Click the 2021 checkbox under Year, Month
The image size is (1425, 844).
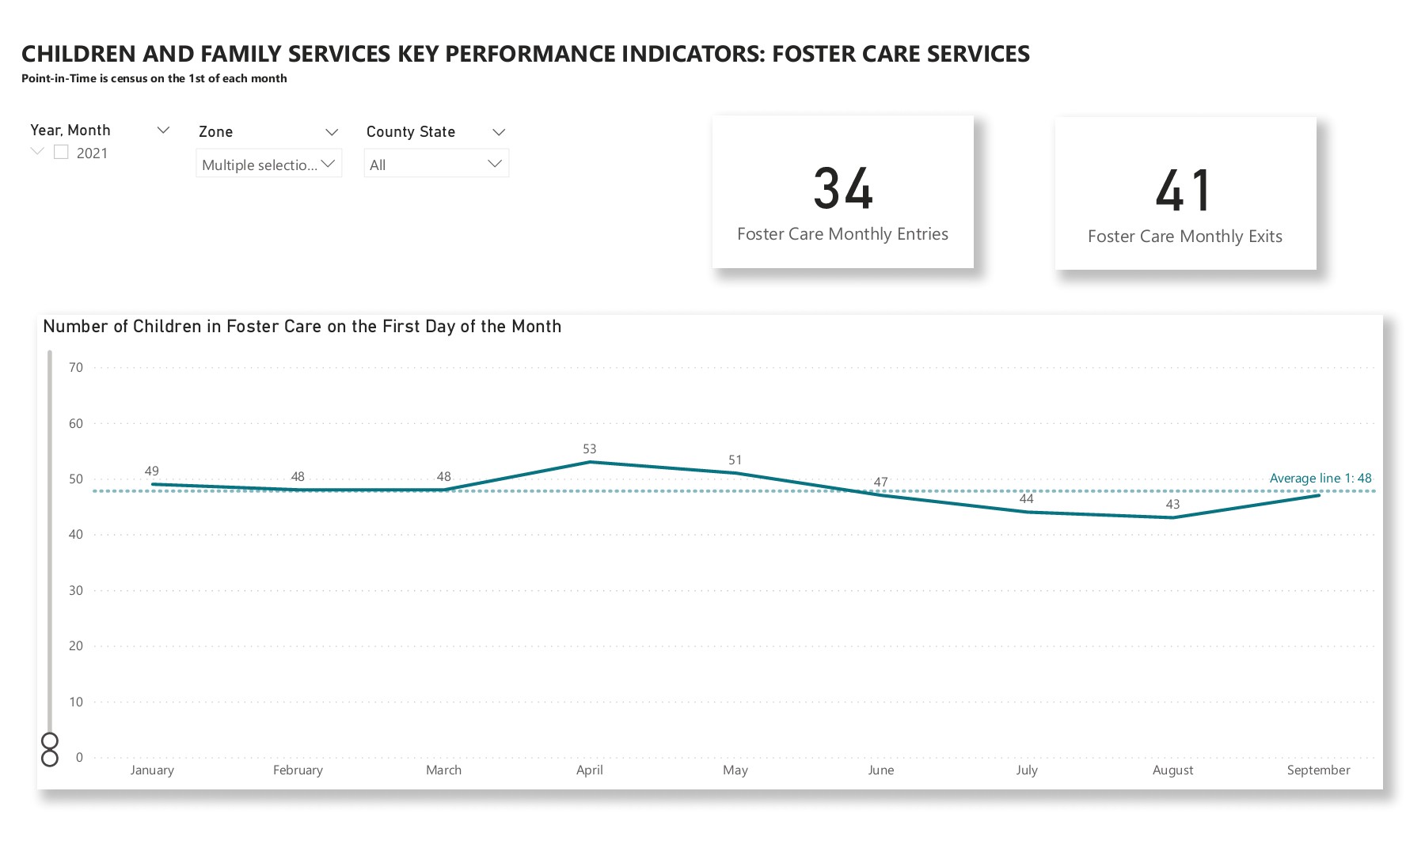[61, 152]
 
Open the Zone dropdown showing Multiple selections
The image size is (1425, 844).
[268, 164]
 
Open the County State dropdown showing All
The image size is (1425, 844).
[436, 164]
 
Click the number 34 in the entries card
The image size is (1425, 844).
[842, 189]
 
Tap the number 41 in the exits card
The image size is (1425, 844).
[1184, 191]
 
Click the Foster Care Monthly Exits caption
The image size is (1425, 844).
[1184, 237]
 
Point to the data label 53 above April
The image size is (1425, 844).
[589, 448]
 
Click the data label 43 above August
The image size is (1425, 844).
[1172, 504]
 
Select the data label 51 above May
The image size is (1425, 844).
[735, 460]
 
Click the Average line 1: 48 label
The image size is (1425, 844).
[1320, 478]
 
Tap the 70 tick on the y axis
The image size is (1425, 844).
[76, 367]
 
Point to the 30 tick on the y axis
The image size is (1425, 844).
[76, 590]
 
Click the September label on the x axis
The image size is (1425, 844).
[1318, 770]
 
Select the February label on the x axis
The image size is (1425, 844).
[298, 770]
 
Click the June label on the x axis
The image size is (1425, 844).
[880, 770]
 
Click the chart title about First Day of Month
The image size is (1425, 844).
[302, 326]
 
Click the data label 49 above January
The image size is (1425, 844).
[152, 471]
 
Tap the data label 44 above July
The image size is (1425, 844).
[1026, 498]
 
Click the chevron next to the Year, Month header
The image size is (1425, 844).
[163, 130]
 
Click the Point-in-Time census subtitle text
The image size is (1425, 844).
[154, 78]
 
